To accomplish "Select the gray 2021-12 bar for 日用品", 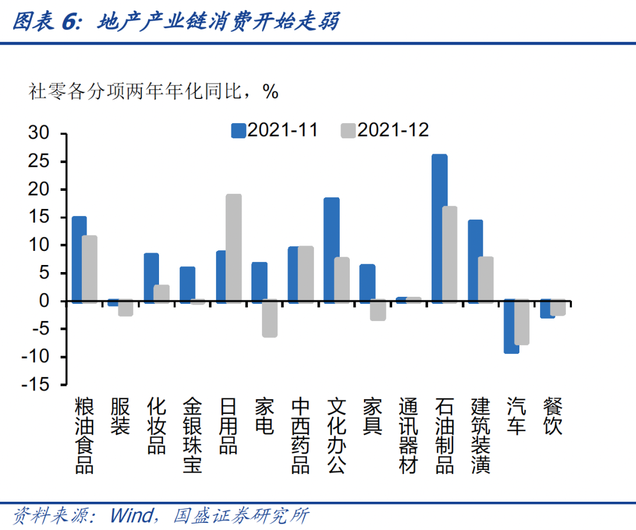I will (x=234, y=248).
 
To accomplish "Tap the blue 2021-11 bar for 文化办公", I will (x=332, y=250).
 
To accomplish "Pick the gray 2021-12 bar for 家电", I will (x=270, y=318).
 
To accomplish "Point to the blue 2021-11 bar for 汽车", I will (x=512, y=326).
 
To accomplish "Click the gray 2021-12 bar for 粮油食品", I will (x=90, y=269).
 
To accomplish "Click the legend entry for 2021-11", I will (x=274, y=130).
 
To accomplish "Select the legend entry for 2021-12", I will (x=385, y=130).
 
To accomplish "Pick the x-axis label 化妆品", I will (x=156, y=426).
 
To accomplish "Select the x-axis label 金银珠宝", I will (x=193, y=436).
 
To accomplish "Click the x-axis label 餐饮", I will (x=552, y=417).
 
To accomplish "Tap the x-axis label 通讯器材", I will (x=408, y=436).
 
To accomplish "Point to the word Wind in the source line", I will (x=131, y=516).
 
